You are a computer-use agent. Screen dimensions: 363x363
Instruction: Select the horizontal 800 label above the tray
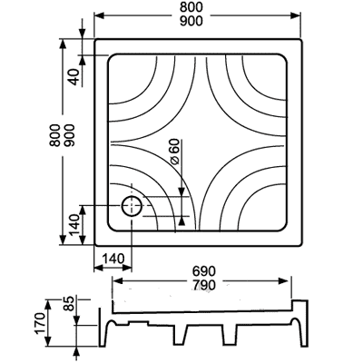point(191,7)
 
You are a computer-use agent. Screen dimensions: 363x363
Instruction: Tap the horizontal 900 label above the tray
point(191,21)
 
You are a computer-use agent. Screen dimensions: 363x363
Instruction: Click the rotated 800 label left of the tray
point(55,135)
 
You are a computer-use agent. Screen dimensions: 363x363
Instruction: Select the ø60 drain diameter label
point(175,152)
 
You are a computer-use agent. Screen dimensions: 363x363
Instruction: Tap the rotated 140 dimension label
point(74,225)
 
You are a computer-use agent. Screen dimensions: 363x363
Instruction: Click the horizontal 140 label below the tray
point(113,259)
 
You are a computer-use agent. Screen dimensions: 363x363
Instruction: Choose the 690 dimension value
point(204,271)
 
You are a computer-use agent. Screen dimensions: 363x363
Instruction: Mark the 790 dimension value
point(204,285)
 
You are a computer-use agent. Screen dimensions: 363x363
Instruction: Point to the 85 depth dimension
point(69,304)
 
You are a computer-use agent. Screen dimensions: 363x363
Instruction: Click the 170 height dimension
point(40,324)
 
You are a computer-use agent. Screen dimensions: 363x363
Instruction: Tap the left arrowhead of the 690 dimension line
point(117,281)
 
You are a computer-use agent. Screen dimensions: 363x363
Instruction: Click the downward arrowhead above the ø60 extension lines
point(181,191)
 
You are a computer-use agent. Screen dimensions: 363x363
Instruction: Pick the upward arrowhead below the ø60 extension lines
point(181,221)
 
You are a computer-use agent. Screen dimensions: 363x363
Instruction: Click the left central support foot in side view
point(181,335)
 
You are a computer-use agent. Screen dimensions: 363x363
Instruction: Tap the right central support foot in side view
point(230,335)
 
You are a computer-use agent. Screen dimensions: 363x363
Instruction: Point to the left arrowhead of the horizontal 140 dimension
point(99,268)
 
